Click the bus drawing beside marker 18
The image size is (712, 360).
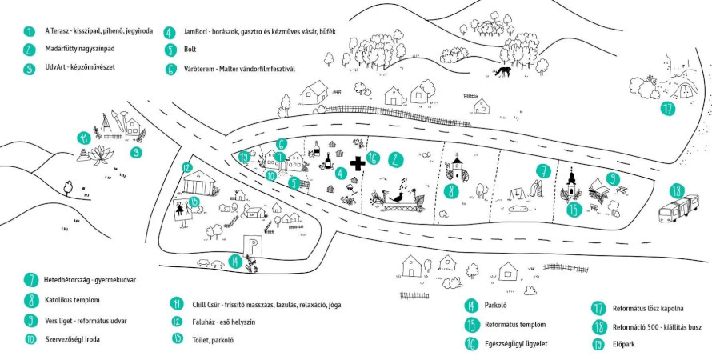point(679,208)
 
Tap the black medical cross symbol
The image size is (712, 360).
point(358,163)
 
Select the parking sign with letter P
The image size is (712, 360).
point(251,247)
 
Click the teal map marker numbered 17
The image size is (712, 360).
point(668,109)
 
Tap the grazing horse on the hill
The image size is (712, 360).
point(502,71)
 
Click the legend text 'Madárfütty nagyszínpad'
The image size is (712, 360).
point(79,48)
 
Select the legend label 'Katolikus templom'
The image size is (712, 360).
point(72,300)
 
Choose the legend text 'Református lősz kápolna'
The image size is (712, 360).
point(648,309)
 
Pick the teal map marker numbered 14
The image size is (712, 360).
point(234,261)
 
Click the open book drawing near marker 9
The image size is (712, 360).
point(600,187)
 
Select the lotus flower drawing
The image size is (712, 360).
point(101,154)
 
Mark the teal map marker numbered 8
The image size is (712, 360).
point(451,190)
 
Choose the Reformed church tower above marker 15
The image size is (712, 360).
point(572,184)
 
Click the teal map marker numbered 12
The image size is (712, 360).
point(186,167)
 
